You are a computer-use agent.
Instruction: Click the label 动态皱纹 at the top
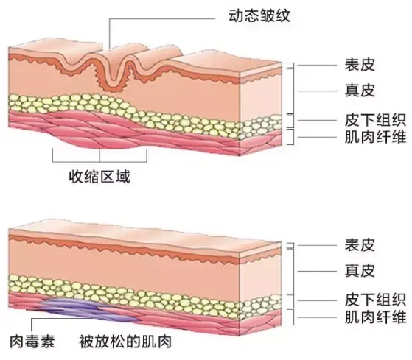pyautogui.click(x=259, y=15)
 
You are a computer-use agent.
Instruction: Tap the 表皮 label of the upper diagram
pyautogui.click(x=360, y=65)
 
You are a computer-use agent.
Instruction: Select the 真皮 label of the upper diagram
pyautogui.click(x=360, y=91)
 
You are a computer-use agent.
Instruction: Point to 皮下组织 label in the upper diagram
pyautogui.click(x=375, y=120)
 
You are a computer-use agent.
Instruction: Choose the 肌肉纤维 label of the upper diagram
pyautogui.click(x=375, y=137)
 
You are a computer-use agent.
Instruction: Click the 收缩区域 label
pyautogui.click(x=99, y=177)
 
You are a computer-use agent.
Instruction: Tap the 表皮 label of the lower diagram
pyautogui.click(x=360, y=245)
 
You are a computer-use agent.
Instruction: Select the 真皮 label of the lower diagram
pyautogui.click(x=360, y=270)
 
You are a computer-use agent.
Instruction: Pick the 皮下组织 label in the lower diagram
pyautogui.click(x=375, y=300)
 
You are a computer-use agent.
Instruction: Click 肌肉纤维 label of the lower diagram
pyautogui.click(x=375, y=317)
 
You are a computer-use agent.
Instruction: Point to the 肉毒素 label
pyautogui.click(x=32, y=342)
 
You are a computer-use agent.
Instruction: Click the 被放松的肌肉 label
pyautogui.click(x=125, y=341)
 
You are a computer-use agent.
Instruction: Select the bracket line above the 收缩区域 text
pyautogui.click(x=99, y=162)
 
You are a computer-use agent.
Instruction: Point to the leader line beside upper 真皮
pyautogui.click(x=317, y=91)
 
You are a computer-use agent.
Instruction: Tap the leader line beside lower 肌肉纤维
pyautogui.click(x=317, y=317)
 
